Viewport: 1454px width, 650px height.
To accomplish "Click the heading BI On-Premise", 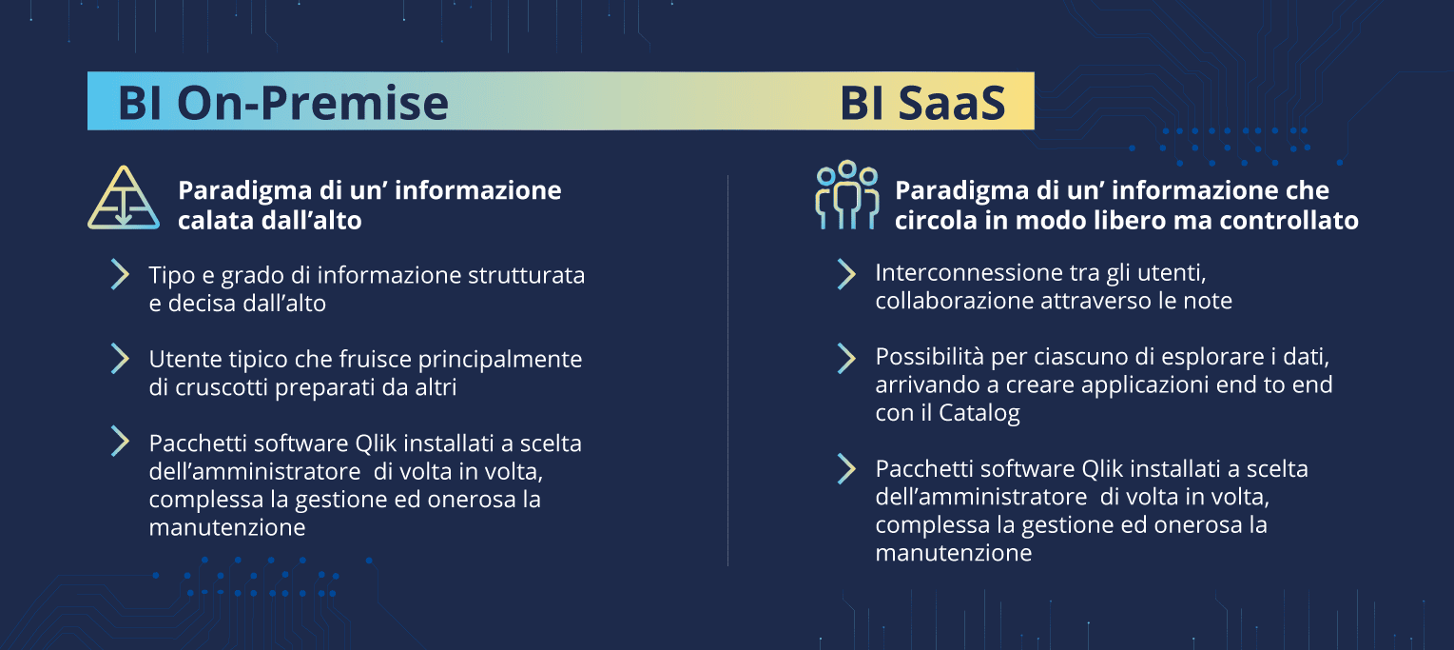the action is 283,103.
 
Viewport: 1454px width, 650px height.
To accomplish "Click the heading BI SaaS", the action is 922,103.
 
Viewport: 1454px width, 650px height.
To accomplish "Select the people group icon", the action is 847,195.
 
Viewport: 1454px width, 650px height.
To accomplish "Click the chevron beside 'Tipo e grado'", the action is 120,274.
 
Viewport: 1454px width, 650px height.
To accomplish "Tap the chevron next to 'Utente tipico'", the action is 120,359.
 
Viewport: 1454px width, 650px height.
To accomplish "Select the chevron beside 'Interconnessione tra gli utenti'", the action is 846,274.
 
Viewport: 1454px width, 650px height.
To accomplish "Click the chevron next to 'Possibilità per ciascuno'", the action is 846,359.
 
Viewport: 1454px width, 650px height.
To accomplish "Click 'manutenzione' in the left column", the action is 227,527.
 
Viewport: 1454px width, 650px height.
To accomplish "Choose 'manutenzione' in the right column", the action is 954,553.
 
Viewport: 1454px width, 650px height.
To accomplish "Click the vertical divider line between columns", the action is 727,370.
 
